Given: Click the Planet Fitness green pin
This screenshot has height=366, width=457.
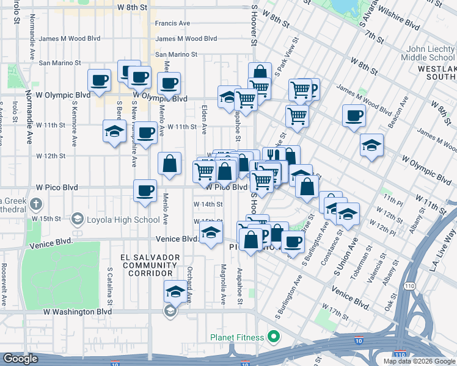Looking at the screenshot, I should [274, 337].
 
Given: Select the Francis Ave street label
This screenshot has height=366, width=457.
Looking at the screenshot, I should [172, 23].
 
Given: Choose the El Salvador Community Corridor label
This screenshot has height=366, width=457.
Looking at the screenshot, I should [150, 265].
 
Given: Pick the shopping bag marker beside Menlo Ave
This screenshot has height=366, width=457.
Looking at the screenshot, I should [169, 163].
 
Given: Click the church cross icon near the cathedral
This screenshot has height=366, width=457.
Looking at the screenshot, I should [36, 204].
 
